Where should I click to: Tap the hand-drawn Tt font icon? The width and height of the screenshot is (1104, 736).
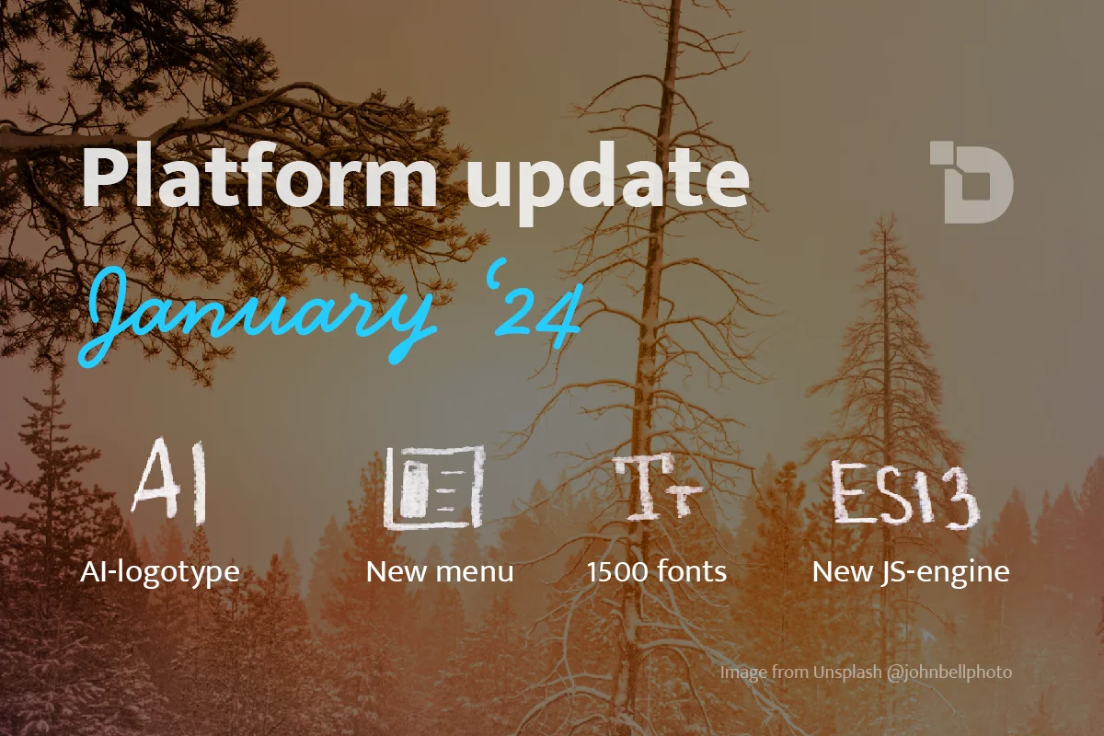tap(658, 487)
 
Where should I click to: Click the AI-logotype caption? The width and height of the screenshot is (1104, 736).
tap(160, 572)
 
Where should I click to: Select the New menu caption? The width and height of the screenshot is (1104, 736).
tap(440, 572)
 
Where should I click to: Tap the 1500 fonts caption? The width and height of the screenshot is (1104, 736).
tap(657, 572)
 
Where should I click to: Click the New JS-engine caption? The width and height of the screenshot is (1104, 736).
tap(911, 572)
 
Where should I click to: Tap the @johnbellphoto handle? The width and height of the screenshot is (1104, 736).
tap(949, 673)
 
